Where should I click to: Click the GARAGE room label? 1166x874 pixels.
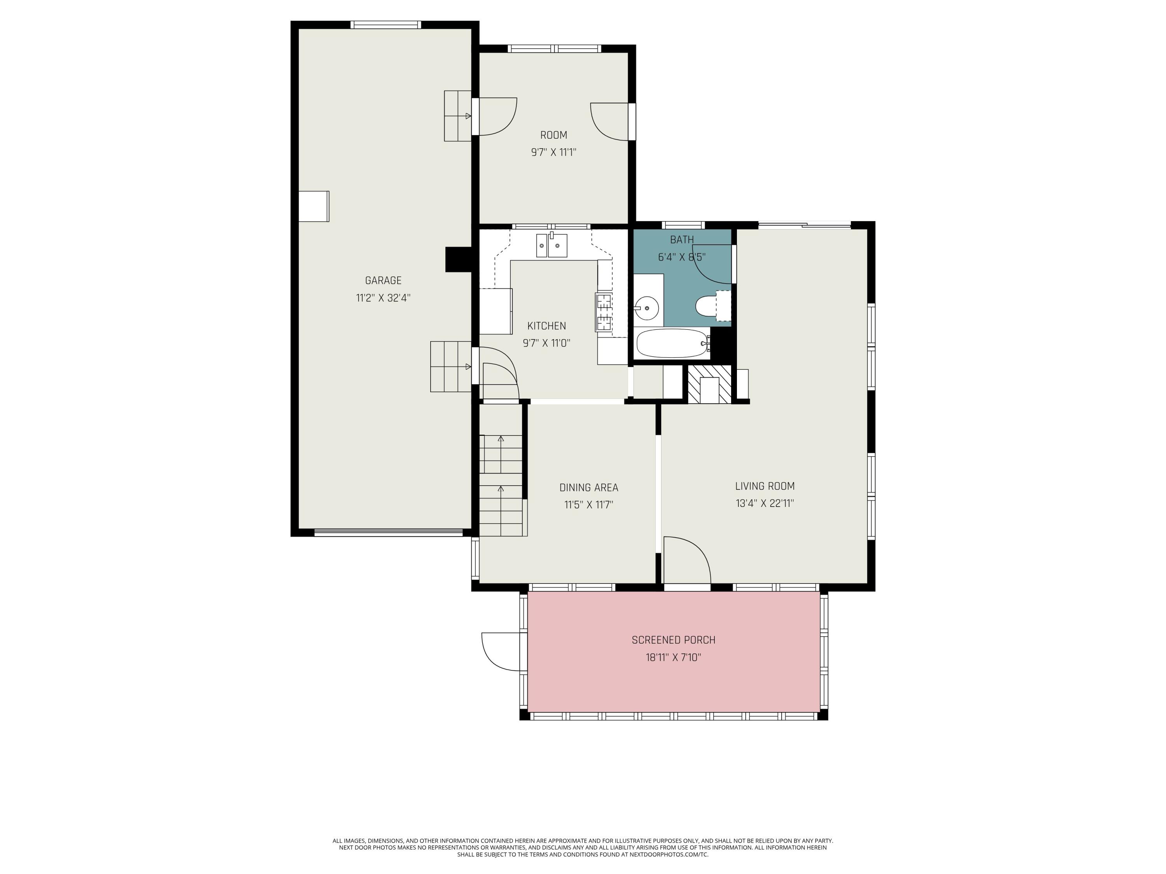[x=383, y=280]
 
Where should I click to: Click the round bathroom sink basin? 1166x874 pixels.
[x=646, y=307]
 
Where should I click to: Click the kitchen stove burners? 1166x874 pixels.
[x=604, y=312]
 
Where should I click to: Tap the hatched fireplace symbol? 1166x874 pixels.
[x=709, y=384]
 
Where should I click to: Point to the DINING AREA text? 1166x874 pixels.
[x=589, y=487]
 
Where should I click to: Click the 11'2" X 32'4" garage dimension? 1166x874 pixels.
[x=383, y=298]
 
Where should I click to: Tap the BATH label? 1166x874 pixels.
[x=682, y=240]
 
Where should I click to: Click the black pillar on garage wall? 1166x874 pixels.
[x=458, y=259]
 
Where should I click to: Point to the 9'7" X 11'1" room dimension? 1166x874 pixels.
[x=553, y=152]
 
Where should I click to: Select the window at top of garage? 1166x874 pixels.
[x=386, y=24]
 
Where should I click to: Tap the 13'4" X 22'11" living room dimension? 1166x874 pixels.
[x=765, y=503]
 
